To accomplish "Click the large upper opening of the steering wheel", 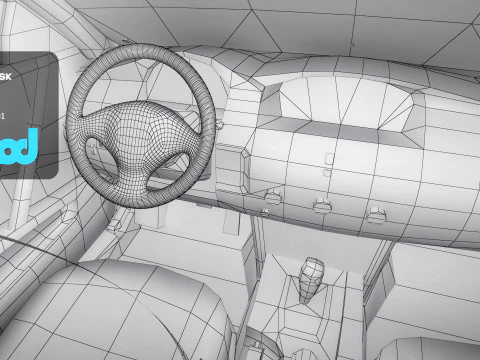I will click(x=135, y=80).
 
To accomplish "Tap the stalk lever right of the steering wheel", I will click(x=214, y=126).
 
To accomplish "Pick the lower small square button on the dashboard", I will click(x=327, y=172).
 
